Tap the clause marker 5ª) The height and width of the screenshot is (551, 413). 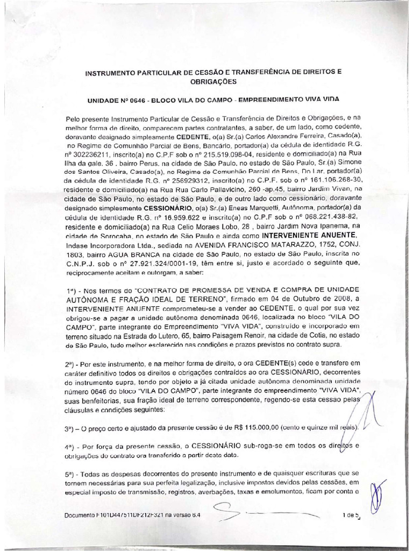click(73, 472)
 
